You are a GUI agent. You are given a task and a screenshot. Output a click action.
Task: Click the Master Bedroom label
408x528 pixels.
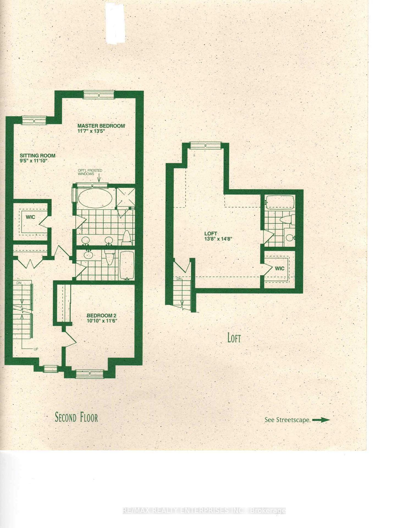[101, 126]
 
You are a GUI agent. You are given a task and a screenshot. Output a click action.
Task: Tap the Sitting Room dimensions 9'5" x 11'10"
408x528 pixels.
[34, 161]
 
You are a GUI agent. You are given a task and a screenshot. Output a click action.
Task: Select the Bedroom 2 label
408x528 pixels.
[100, 315]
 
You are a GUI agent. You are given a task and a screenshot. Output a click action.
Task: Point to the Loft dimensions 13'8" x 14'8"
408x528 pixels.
[218, 239]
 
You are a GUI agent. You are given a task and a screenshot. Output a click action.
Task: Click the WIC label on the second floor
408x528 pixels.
[30, 217]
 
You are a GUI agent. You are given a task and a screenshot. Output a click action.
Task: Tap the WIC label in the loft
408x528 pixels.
[279, 268]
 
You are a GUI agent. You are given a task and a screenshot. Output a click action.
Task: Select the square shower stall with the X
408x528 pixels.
[126, 197]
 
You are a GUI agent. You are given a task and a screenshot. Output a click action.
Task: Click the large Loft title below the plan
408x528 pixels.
[234, 338]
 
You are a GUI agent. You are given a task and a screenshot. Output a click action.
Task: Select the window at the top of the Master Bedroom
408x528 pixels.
[99, 95]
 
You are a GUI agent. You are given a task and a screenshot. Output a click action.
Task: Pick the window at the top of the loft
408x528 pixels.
[205, 145]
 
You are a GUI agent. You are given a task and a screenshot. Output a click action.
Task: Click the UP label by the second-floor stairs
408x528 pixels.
[36, 349]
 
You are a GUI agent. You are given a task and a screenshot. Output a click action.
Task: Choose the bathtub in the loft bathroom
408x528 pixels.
[280, 202]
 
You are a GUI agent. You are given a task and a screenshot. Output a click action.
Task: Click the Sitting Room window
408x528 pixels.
[34, 121]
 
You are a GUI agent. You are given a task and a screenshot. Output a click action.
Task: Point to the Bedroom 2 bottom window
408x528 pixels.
[90, 374]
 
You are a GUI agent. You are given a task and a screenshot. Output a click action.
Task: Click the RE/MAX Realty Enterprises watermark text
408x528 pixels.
[204, 511]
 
